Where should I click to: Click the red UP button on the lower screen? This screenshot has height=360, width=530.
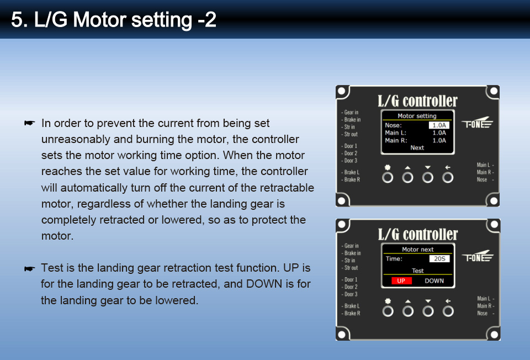pos(401,280)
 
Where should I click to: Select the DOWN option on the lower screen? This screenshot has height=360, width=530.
pos(434,280)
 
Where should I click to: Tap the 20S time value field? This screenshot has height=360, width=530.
pos(439,258)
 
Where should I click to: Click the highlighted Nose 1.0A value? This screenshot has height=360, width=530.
pos(439,125)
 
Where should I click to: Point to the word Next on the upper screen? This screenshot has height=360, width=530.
pos(417,148)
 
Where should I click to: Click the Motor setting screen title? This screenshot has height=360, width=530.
pos(417,116)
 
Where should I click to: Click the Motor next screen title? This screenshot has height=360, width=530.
pos(417,250)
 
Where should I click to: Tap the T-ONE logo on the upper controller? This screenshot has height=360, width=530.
pos(477,123)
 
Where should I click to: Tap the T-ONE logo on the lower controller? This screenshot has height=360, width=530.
pos(478,256)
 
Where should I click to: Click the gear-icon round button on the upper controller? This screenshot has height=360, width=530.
pos(388,177)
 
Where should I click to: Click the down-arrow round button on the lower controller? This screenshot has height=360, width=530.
pos(428,311)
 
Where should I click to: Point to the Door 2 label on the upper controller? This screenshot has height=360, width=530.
pos(351,153)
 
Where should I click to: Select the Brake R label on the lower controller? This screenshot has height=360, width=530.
pos(352,314)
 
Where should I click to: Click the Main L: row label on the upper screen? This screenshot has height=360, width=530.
pos(395,133)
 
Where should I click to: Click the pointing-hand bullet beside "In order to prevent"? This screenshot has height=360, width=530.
pos(30,123)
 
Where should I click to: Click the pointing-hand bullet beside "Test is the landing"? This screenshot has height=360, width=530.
pos(30,269)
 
